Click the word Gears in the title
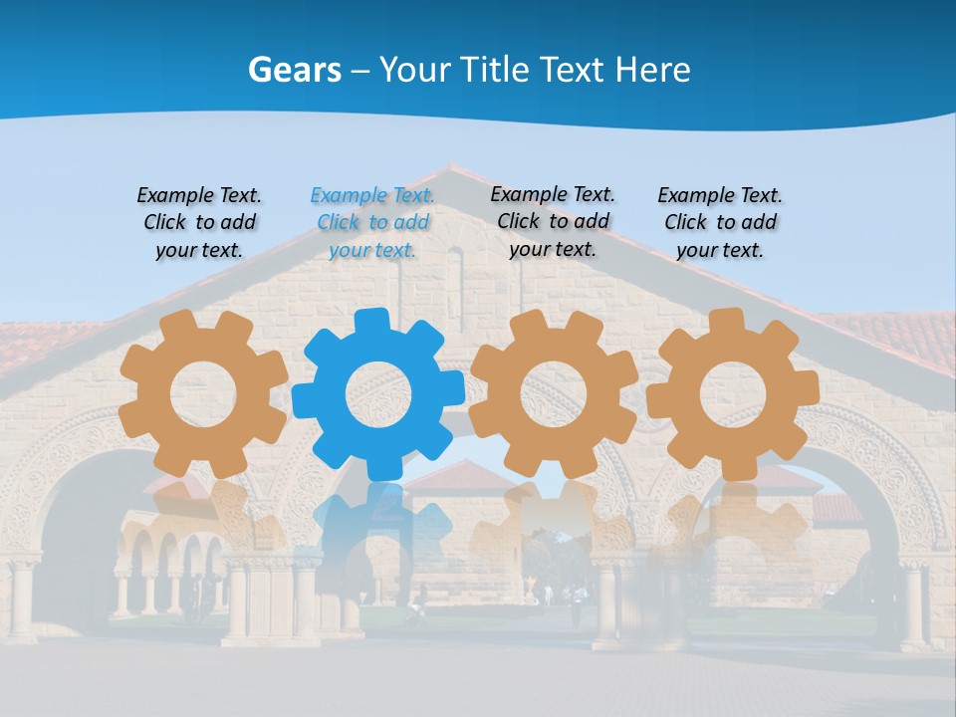coord(294,70)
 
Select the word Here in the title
coord(652,70)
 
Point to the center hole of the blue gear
coord(378,394)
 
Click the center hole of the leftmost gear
coord(203,392)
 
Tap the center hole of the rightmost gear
coord(732,392)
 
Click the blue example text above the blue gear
coord(372,222)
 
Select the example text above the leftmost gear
coord(199,222)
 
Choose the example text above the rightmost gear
coord(720,222)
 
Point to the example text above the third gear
coord(553,221)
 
